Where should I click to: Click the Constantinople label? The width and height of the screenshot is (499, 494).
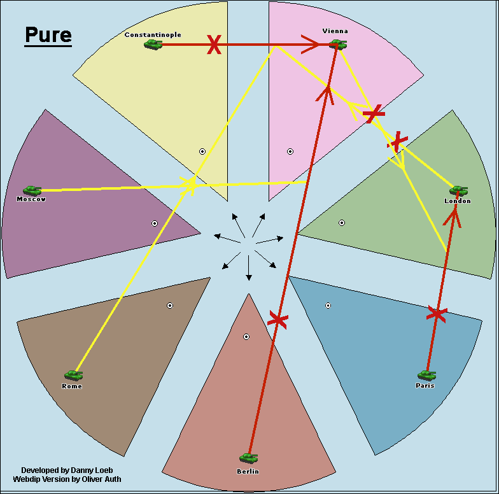tap(153, 34)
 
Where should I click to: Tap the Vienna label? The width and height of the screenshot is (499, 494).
tap(335, 31)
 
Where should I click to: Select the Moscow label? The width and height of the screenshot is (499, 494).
tap(31, 199)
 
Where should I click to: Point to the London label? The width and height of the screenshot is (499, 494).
tap(458, 201)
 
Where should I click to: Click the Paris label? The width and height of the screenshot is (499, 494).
tap(425, 386)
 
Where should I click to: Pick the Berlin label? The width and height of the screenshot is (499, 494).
tap(248, 471)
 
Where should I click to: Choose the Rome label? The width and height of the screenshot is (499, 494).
tap(72, 386)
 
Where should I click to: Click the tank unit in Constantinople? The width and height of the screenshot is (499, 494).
tap(153, 45)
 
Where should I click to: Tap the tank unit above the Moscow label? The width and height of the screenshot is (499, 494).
tap(32, 191)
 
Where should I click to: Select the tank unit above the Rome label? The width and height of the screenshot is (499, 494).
tap(74, 376)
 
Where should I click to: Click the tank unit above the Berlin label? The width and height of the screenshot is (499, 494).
tap(248, 458)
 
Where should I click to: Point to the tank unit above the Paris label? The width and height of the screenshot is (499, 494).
tap(426, 376)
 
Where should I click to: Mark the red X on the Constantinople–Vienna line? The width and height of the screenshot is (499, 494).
tap(214, 45)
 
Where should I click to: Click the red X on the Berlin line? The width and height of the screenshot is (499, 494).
tap(278, 320)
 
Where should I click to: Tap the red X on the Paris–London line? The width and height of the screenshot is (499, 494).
tap(437, 314)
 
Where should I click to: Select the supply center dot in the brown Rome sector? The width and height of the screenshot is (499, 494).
tap(170, 306)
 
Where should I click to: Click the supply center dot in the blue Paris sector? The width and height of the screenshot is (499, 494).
tap(328, 306)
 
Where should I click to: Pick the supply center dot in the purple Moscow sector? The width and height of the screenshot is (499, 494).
tap(154, 223)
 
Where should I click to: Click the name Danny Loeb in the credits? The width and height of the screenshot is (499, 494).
tap(92, 470)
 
